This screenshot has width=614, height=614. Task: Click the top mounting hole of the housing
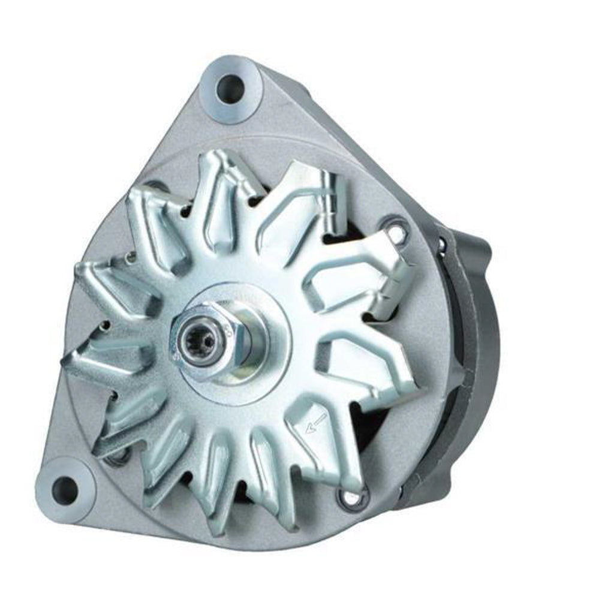[x=230, y=89]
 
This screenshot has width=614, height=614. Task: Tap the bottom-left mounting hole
[x=65, y=490]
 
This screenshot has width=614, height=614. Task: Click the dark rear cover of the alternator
[x=474, y=336]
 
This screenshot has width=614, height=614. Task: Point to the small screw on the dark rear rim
[x=442, y=243]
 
